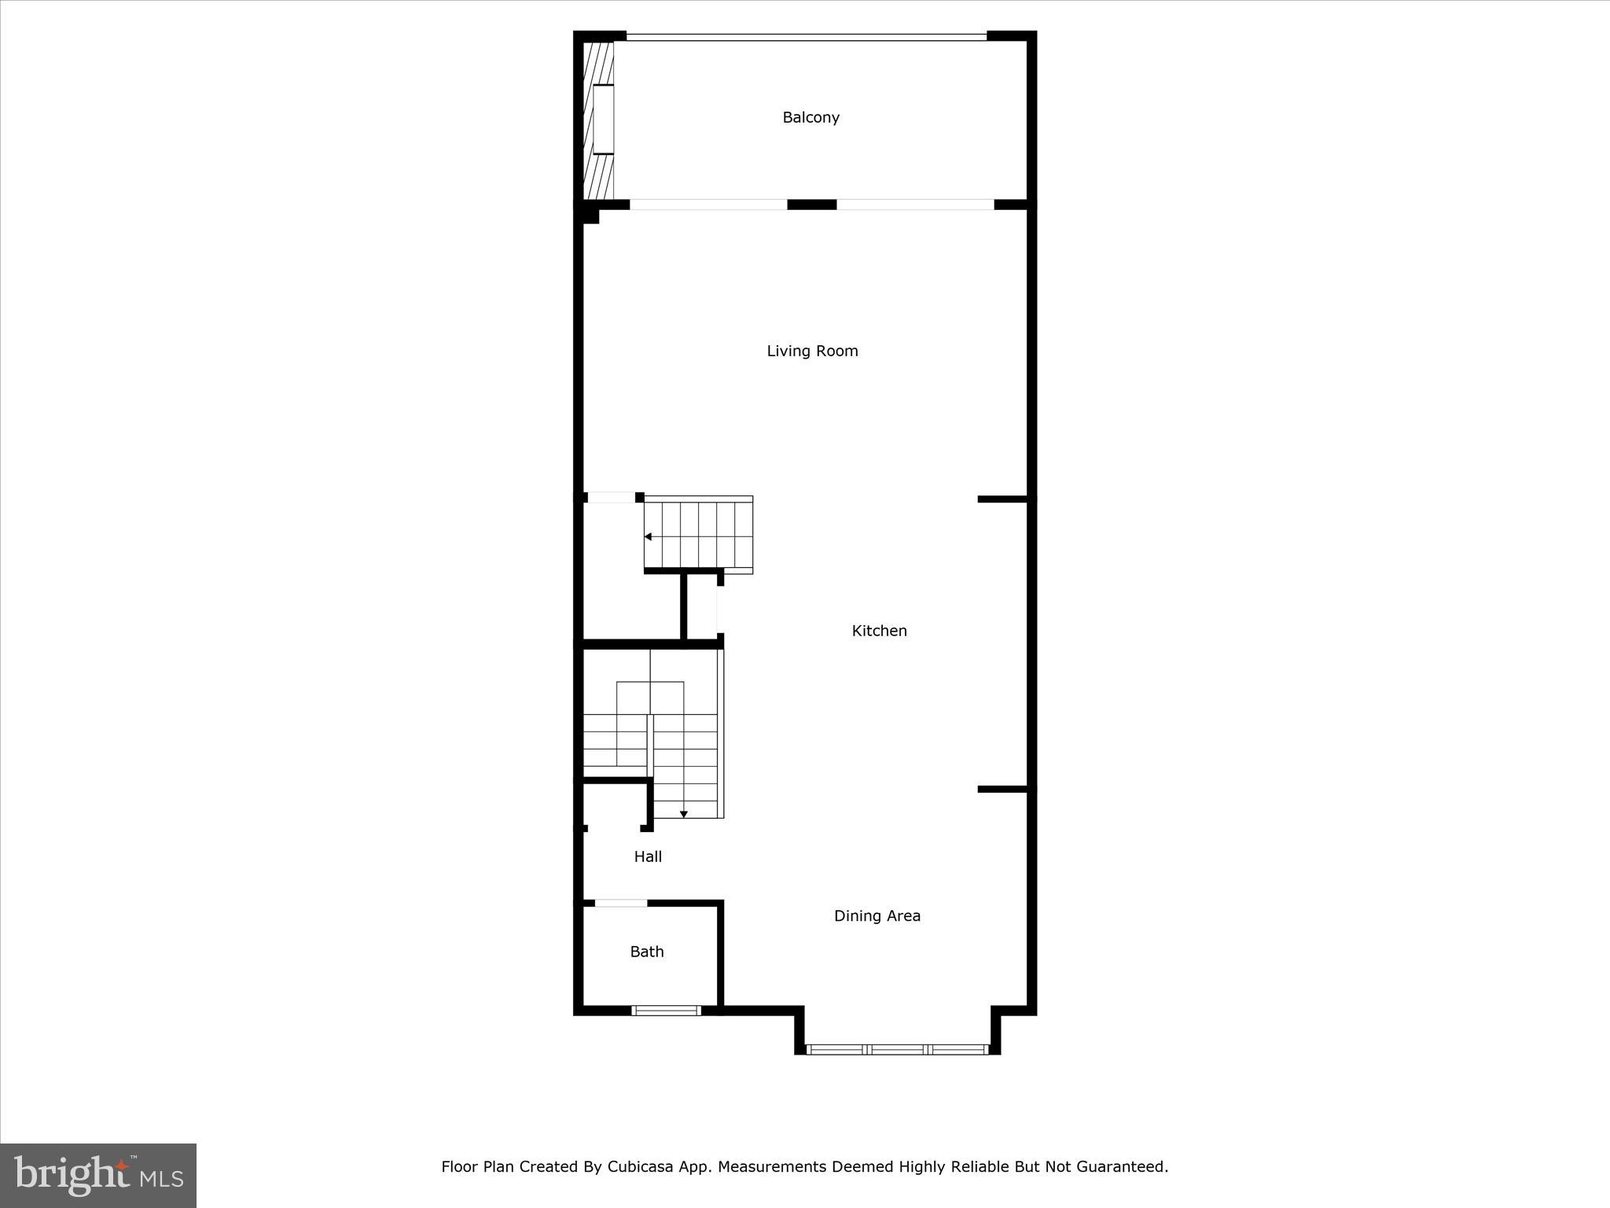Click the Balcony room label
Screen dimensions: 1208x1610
pyautogui.click(x=811, y=118)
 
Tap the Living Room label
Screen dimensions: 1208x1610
pyautogui.click(x=812, y=352)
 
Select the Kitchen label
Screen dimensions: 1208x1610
pyautogui.click(x=879, y=631)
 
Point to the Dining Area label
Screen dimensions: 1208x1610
pyautogui.click(x=877, y=915)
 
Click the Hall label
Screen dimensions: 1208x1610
pyautogui.click(x=648, y=856)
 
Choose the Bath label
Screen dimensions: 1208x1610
pyautogui.click(x=647, y=952)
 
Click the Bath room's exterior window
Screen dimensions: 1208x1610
pyautogui.click(x=666, y=1011)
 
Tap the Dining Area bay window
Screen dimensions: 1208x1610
pyautogui.click(x=897, y=1049)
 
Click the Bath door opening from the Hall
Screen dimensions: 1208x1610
pyautogui.click(x=620, y=903)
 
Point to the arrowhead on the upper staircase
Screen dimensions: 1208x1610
pyautogui.click(x=649, y=537)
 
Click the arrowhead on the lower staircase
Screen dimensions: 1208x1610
pyautogui.click(x=683, y=814)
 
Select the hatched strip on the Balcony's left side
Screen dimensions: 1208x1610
pyautogui.click(x=598, y=120)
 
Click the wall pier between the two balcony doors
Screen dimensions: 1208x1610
pyautogui.click(x=811, y=204)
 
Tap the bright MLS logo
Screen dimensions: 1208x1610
pyautogui.click(x=98, y=1176)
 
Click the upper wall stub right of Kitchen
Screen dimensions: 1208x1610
pyautogui.click(x=1002, y=499)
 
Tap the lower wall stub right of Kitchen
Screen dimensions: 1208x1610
pyautogui.click(x=1002, y=789)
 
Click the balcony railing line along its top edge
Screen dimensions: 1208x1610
pyautogui.click(x=806, y=37)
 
